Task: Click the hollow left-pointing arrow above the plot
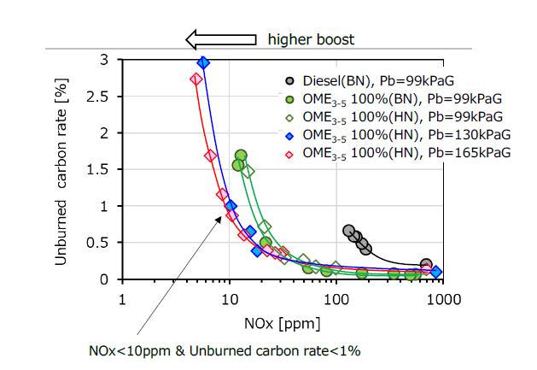point(220,38)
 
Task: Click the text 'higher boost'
point(311,39)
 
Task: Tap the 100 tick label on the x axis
point(336,298)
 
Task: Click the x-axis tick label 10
point(229,298)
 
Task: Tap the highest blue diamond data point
point(203,62)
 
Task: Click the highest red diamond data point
point(196,79)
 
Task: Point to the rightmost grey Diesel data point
point(426,265)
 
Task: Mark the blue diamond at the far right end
point(436,272)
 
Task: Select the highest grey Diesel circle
point(348,231)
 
